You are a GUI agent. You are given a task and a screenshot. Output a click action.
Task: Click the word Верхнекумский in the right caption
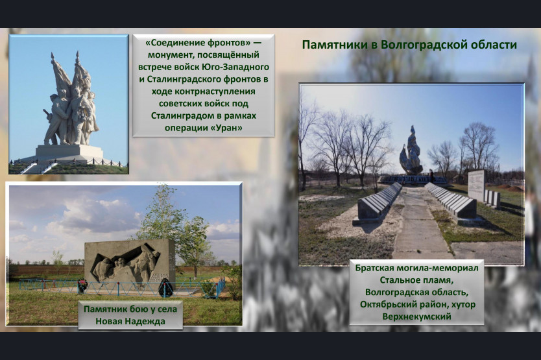(x=417, y=317)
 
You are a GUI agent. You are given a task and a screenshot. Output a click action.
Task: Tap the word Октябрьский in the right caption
(x=388, y=304)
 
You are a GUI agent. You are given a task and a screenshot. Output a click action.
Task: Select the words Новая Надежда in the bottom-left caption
(x=130, y=321)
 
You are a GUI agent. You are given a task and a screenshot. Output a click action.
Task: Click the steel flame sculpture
(x=411, y=152)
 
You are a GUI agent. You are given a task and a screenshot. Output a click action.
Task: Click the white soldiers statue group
(x=71, y=104)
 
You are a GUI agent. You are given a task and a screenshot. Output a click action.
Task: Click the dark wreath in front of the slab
(x=165, y=288)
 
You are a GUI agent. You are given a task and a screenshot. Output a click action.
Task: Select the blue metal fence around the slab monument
(x=121, y=288)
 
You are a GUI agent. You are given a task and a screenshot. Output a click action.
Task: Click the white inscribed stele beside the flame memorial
(x=477, y=186)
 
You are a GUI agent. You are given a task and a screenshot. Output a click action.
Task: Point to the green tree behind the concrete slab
(x=173, y=221)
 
